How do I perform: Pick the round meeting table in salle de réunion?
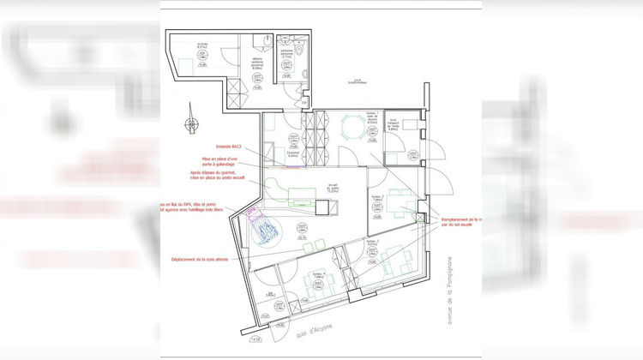(349, 128)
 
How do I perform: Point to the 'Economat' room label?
(292, 155)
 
